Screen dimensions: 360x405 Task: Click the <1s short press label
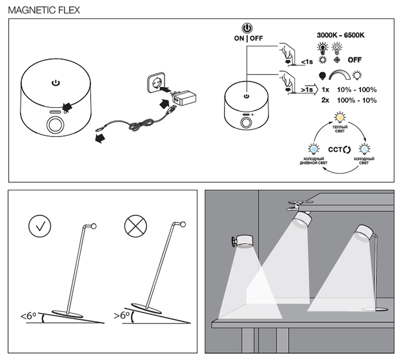click(x=307, y=61)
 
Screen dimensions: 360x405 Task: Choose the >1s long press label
click(x=307, y=90)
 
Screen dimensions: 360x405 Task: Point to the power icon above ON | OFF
click(x=247, y=28)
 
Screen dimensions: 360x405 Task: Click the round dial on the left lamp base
click(x=56, y=125)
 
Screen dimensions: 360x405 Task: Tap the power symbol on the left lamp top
click(x=56, y=83)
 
